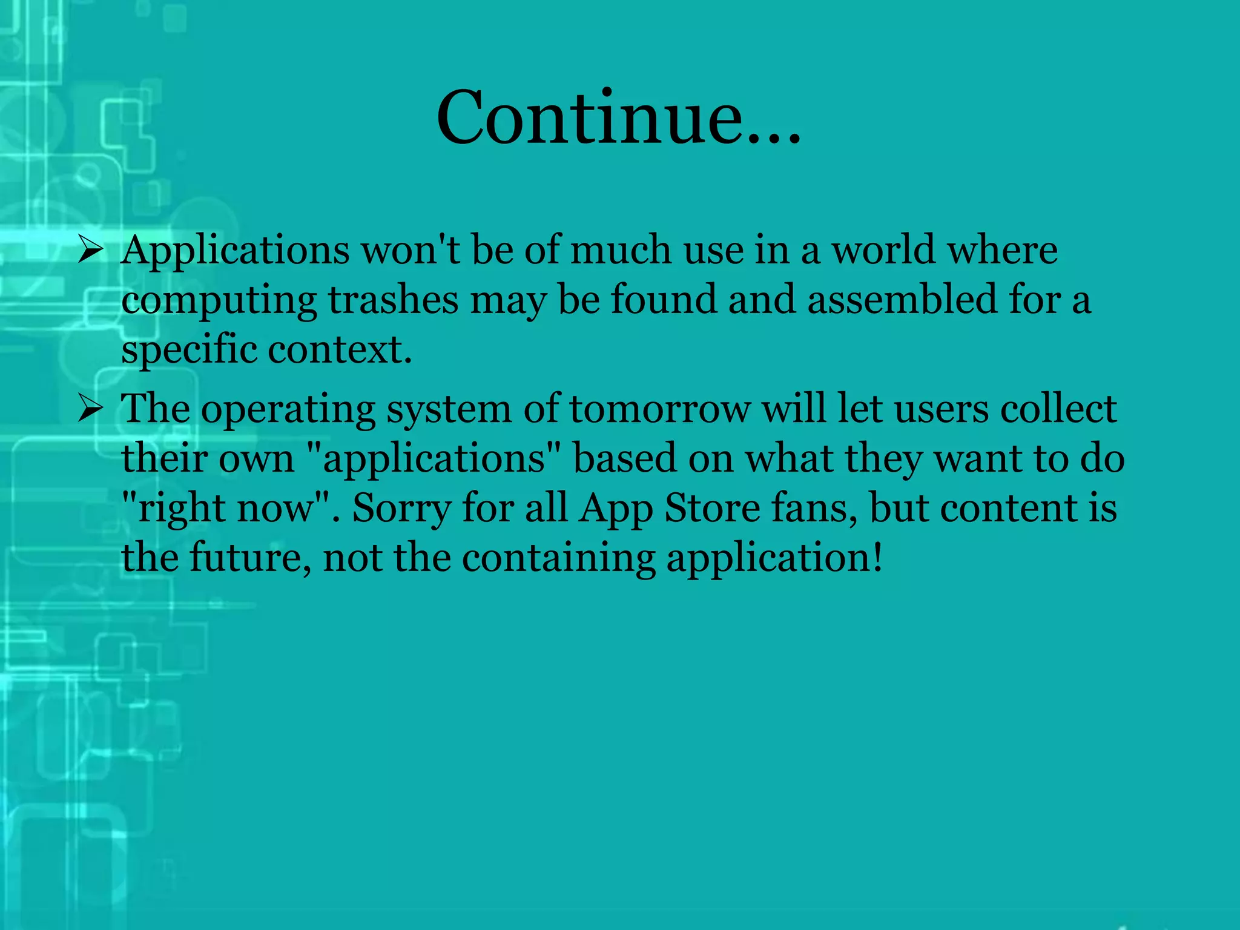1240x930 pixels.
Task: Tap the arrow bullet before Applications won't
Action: [x=91, y=250]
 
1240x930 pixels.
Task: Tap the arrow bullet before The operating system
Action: [x=91, y=409]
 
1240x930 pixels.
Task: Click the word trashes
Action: [x=393, y=300]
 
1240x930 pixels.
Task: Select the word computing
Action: [x=219, y=301]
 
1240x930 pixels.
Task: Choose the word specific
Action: [x=188, y=351]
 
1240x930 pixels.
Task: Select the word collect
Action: [x=1058, y=409]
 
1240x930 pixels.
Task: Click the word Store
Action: [x=712, y=508]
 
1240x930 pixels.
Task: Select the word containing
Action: [x=558, y=559]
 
